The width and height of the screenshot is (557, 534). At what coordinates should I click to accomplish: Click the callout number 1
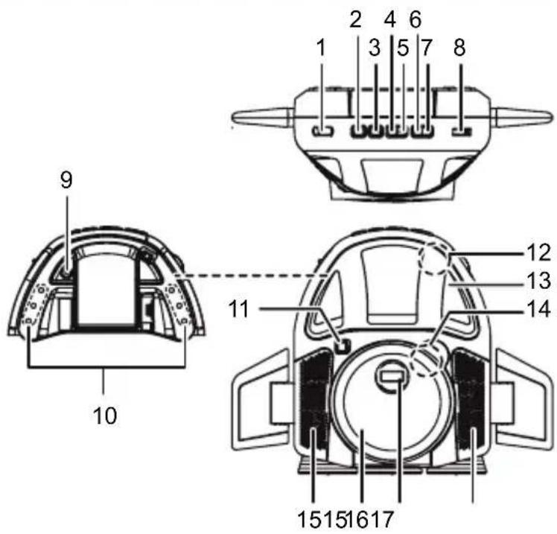tap(321, 48)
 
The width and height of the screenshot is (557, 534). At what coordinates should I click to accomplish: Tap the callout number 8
tap(459, 48)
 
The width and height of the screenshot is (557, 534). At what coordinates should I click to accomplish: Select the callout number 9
tap(66, 180)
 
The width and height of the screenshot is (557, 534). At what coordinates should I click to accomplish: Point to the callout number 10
tap(105, 416)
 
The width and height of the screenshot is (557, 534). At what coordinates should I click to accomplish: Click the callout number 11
tap(238, 309)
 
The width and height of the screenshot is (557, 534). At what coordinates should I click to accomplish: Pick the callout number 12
tap(538, 252)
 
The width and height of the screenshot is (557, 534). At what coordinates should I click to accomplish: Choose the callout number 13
tap(538, 280)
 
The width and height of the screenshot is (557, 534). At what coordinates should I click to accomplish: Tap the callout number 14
tap(538, 309)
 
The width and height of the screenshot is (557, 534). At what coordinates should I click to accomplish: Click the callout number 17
tap(382, 520)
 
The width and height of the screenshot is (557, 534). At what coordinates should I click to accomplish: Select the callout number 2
tap(355, 19)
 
